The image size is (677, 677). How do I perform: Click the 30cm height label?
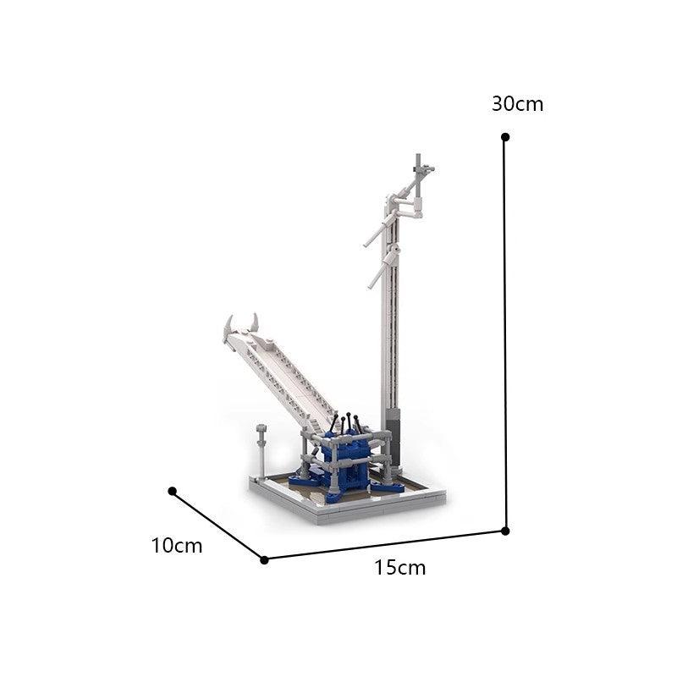pos(517,105)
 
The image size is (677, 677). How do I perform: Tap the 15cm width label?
pos(399,568)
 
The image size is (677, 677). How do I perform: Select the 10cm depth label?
pos(177,546)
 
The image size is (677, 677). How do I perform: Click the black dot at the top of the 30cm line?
pos(505,136)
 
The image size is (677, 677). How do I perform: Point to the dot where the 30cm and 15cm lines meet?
pos(505,531)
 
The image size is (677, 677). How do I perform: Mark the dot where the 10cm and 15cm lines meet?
pos(264,559)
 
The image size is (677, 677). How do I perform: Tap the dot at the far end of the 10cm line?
pos(172,491)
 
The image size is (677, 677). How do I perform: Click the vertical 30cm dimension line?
pos(505,338)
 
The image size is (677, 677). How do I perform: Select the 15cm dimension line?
pos(385,545)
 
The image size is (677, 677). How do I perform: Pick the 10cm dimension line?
pos(217,525)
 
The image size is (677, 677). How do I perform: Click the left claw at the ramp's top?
pos(228,326)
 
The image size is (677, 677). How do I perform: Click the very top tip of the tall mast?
pos(418,157)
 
